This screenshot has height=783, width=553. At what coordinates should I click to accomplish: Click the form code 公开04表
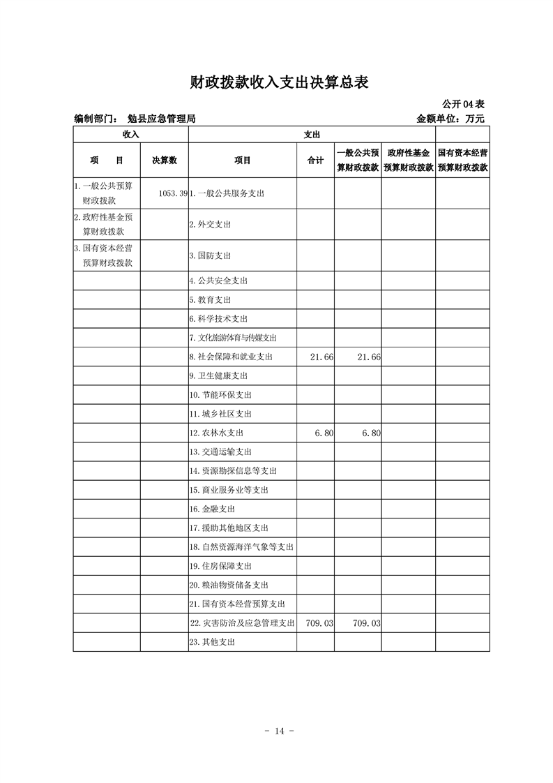click(x=464, y=104)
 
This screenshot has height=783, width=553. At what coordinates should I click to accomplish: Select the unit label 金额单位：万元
click(x=450, y=119)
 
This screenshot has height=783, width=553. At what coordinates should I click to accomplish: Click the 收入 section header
click(x=130, y=134)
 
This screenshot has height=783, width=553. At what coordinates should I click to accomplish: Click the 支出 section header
click(x=312, y=134)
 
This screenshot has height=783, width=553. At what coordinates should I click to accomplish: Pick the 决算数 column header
click(x=165, y=161)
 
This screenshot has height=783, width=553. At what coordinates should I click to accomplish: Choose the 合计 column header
click(x=315, y=161)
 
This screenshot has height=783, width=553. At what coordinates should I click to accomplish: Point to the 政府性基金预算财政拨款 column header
click(x=408, y=161)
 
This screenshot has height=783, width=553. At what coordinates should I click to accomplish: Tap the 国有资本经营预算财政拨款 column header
click(x=462, y=161)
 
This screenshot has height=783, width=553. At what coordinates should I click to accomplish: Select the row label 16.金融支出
click(x=212, y=509)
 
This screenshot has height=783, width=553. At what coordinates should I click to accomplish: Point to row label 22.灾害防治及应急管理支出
click(x=242, y=623)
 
